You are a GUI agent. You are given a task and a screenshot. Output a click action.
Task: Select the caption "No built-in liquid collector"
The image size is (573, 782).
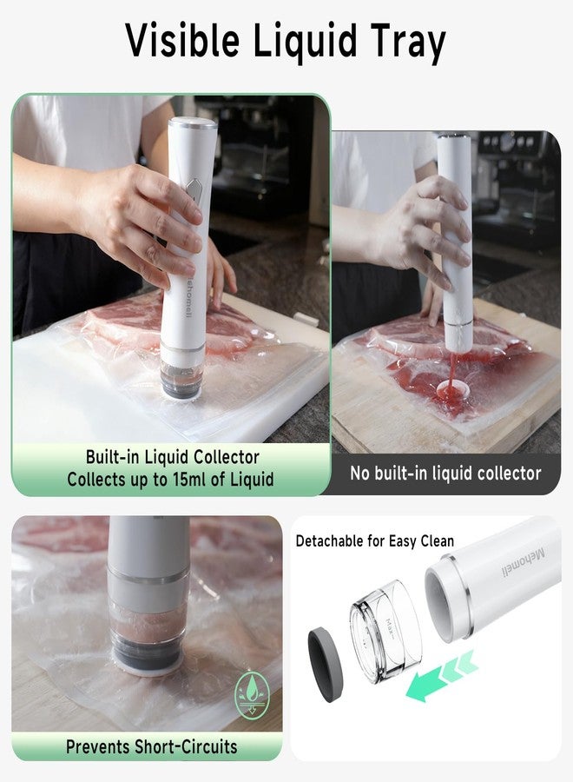click(x=445, y=473)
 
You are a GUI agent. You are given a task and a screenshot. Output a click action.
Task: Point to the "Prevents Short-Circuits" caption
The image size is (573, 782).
click(x=151, y=746)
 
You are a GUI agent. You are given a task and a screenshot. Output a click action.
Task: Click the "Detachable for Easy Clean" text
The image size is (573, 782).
click(x=375, y=541)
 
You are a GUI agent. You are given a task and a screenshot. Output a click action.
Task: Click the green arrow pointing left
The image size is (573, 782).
click(x=442, y=675)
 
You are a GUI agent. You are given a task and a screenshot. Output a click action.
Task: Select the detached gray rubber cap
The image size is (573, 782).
click(x=326, y=666)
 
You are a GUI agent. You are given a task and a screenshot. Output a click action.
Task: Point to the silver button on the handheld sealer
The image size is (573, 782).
click(x=193, y=191)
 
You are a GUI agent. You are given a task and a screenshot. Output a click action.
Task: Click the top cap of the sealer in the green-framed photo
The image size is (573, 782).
click(x=192, y=124)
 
